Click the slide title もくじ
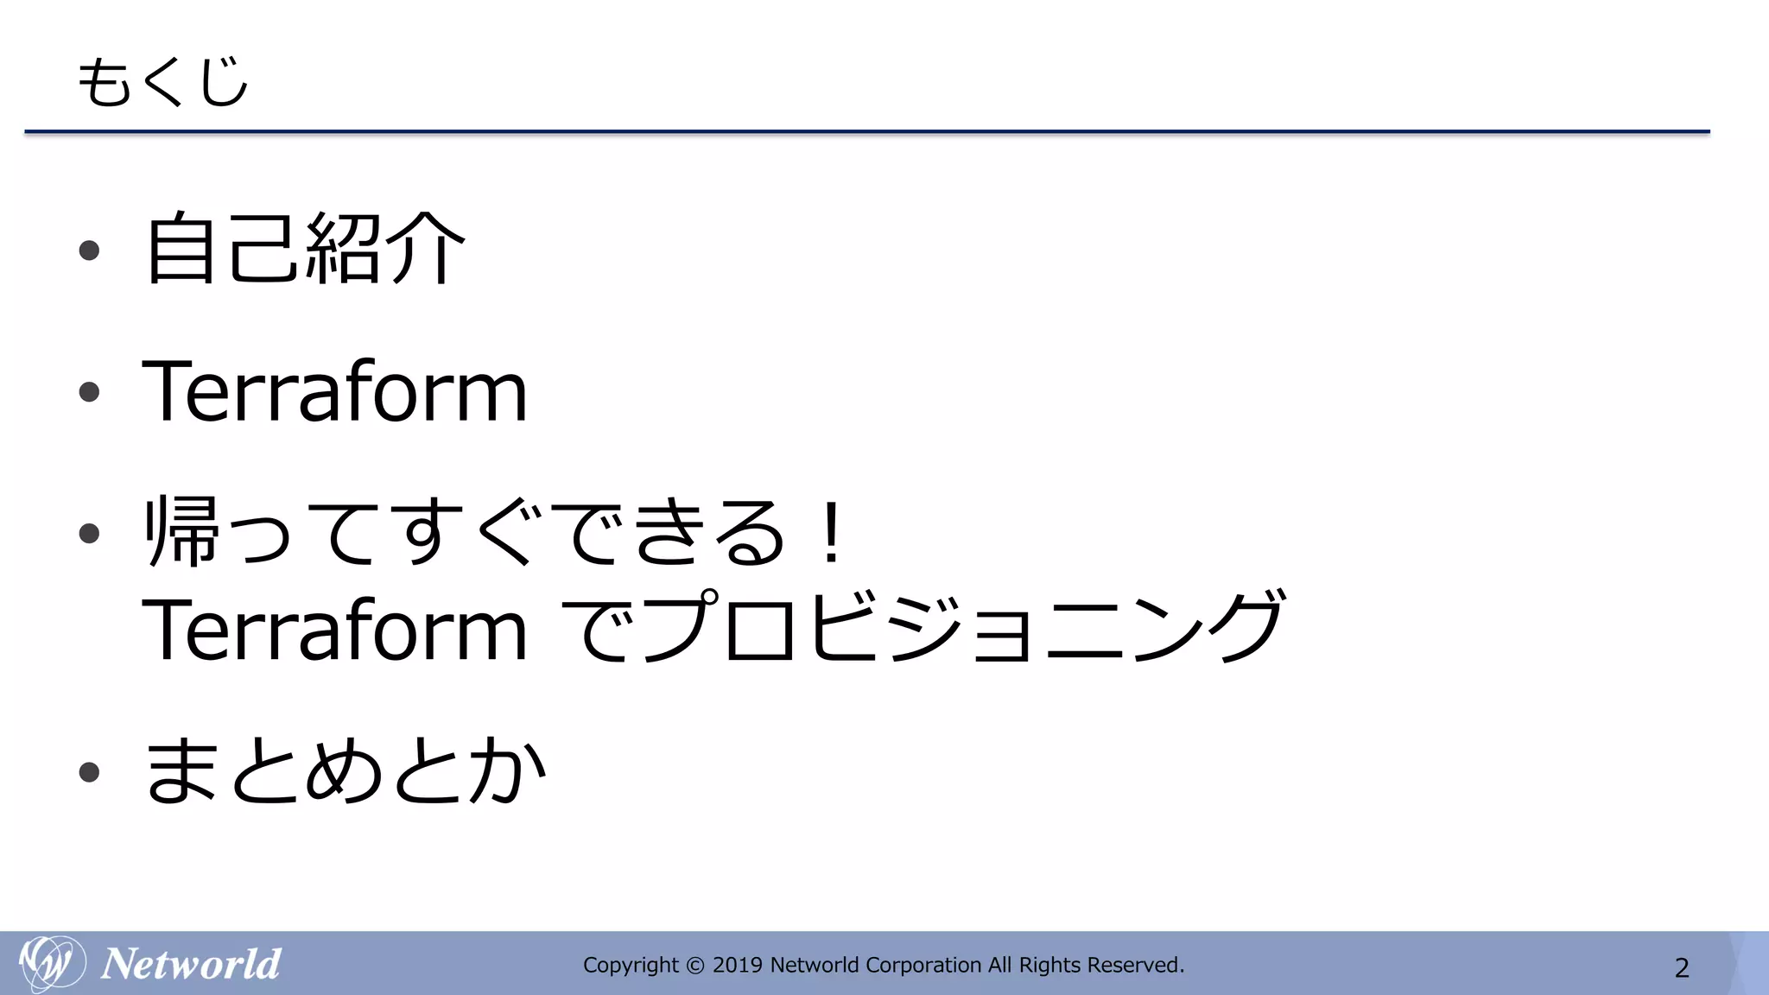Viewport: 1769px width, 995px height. click(162, 82)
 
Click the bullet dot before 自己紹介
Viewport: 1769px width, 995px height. click(89, 250)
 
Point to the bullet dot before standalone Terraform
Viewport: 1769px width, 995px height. click(89, 393)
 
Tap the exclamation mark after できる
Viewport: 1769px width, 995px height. click(832, 532)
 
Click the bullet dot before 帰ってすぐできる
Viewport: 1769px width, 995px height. click(89, 533)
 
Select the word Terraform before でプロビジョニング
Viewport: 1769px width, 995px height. click(334, 631)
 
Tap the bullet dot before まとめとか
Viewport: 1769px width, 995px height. click(89, 771)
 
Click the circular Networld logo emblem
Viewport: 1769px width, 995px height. click(52, 963)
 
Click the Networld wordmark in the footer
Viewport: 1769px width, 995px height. click(191, 964)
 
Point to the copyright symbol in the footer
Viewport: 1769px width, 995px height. click(694, 966)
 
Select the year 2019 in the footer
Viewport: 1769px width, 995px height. click(737, 965)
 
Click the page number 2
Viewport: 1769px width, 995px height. click(1682, 967)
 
